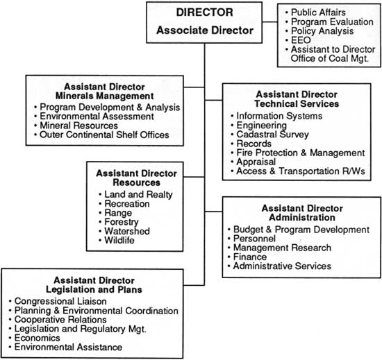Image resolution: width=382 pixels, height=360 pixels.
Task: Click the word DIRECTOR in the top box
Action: click(x=204, y=12)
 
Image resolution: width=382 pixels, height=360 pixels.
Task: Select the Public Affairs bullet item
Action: click(x=318, y=12)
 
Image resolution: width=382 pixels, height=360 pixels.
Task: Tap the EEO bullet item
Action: click(x=301, y=40)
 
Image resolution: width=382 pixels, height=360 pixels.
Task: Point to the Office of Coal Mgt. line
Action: click(x=330, y=58)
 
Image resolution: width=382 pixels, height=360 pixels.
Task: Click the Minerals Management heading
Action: click(x=104, y=96)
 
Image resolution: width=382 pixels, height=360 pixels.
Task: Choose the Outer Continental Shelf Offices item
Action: click(x=104, y=135)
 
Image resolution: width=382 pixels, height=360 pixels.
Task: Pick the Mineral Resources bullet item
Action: click(x=78, y=126)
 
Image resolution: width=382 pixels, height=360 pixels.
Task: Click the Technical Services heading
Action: click(x=297, y=103)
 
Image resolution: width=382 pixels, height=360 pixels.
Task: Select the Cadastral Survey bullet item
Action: click(x=273, y=135)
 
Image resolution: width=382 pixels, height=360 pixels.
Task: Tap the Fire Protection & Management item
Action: click(x=301, y=153)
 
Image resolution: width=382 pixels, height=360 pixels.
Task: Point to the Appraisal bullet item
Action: click(x=256, y=162)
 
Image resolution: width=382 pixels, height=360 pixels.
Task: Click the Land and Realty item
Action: click(x=138, y=194)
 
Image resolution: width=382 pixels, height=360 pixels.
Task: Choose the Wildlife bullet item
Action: click(x=119, y=240)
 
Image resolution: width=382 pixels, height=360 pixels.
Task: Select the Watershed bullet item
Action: click(x=127, y=231)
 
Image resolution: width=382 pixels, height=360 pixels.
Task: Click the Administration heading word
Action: click(x=302, y=218)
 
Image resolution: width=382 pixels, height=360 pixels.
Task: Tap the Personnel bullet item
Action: click(x=254, y=239)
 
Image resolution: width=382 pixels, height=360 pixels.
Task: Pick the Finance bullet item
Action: click(x=250, y=257)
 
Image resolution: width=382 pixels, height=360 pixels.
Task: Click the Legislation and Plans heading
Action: click(x=94, y=289)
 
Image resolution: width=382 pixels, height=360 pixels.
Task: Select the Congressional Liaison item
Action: click(x=60, y=301)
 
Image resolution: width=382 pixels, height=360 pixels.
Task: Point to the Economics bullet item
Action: click(x=37, y=338)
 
